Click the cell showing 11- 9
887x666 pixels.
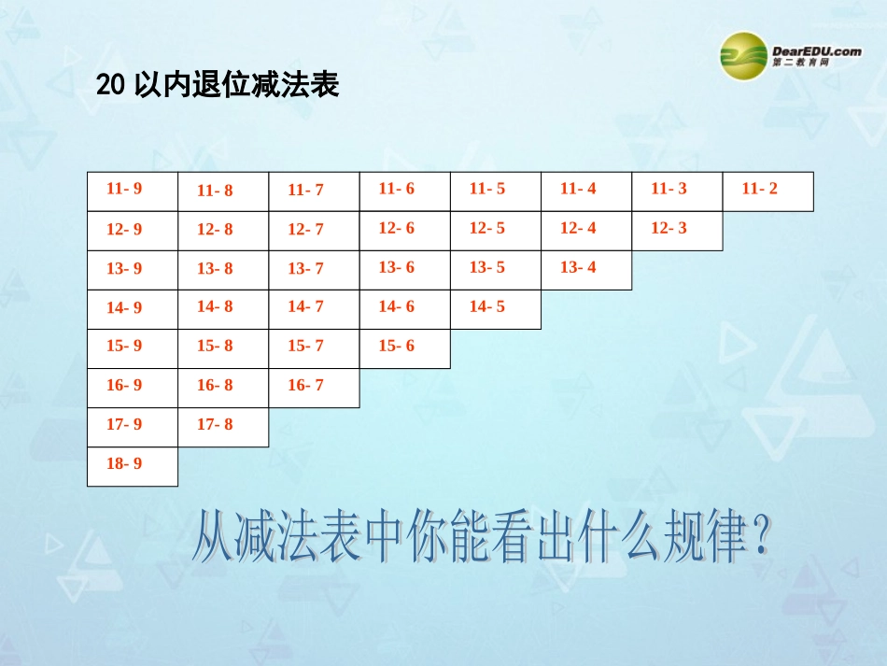133,191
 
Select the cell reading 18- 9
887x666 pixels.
133,466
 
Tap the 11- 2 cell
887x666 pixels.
767,191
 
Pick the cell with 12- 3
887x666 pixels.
677,231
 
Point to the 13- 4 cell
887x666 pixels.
586,270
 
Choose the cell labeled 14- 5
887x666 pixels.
496,309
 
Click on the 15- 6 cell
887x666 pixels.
405,348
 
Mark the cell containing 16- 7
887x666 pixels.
314,388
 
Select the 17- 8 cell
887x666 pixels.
223,427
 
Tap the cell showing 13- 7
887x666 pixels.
314,270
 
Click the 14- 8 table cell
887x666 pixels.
223,309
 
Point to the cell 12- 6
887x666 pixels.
405,231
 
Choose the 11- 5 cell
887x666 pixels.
496,191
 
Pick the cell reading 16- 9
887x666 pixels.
133,388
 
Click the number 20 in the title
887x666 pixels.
110,86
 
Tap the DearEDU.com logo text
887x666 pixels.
817,51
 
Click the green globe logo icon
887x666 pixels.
743,56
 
